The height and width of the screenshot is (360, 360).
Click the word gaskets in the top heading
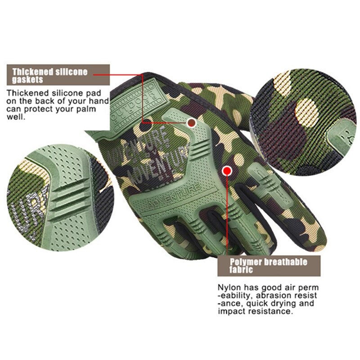click(x=27, y=80)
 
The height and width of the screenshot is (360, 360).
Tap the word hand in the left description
click(x=99, y=101)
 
